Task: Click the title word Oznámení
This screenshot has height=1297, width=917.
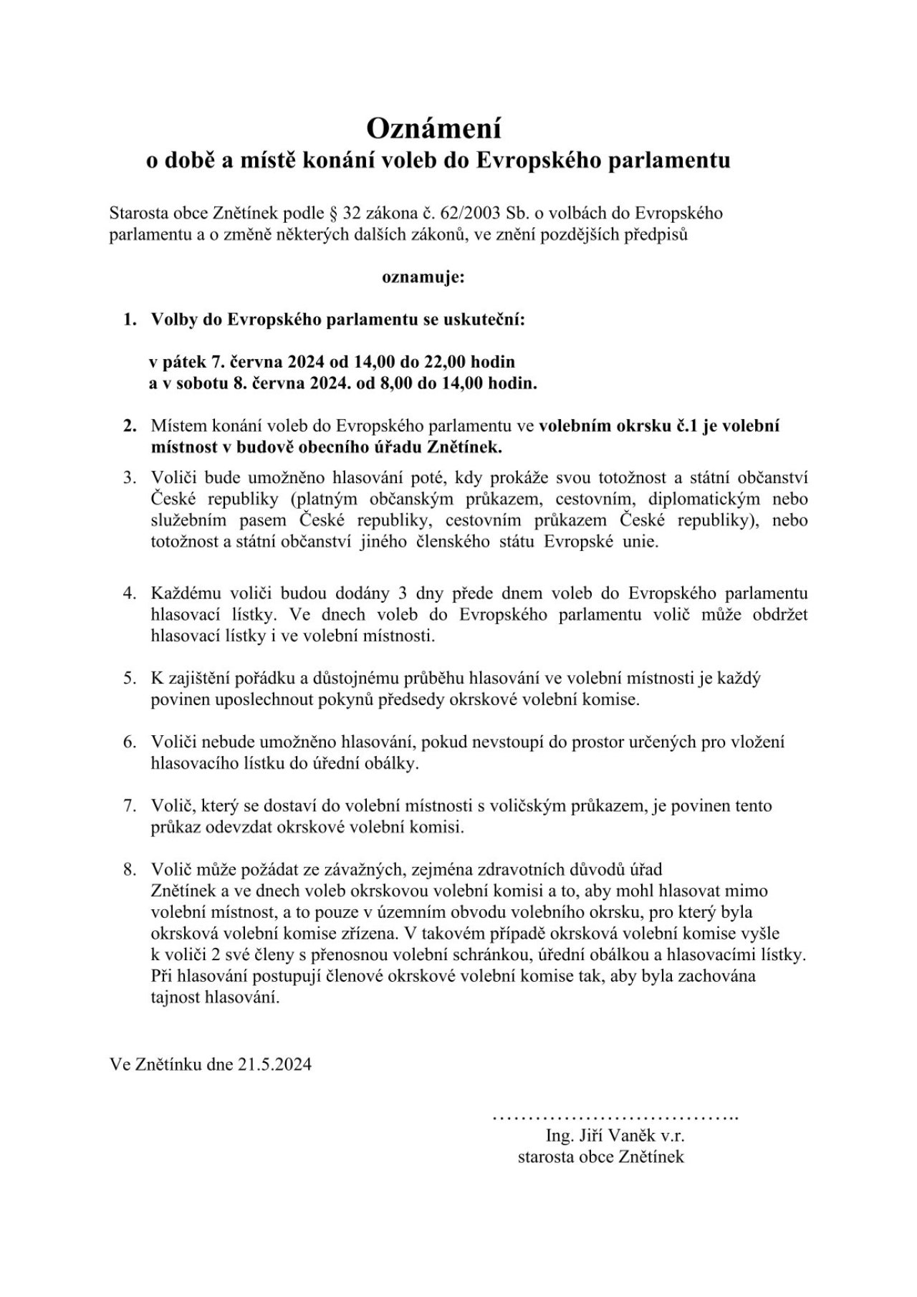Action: (x=434, y=128)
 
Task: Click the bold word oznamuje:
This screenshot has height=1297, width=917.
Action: (x=423, y=277)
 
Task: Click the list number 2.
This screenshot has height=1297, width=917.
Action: (x=129, y=426)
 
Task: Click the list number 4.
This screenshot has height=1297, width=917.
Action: (x=129, y=593)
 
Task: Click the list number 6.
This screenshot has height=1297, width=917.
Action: (x=129, y=742)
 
